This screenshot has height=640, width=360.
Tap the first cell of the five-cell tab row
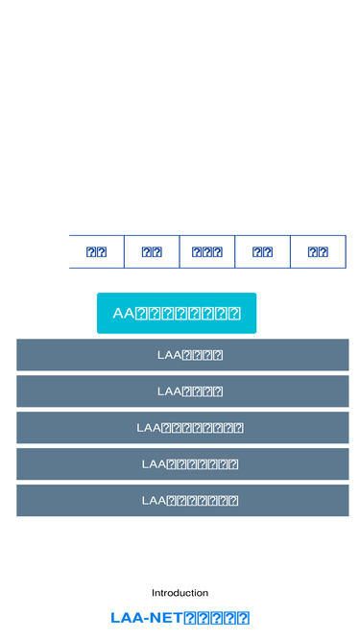tap(96, 252)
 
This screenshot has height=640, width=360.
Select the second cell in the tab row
tap(152, 252)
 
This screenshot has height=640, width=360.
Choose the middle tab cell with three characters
tap(207, 252)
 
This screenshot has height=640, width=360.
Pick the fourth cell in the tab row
tap(262, 252)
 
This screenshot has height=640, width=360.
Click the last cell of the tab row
tap(318, 252)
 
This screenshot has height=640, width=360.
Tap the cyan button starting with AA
tap(177, 313)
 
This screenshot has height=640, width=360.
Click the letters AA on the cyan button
tap(124, 314)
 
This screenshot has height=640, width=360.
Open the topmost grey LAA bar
tap(182, 355)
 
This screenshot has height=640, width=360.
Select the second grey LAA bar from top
tap(182, 391)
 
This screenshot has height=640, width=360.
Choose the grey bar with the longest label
tap(182, 428)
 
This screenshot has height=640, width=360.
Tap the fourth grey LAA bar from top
tap(182, 464)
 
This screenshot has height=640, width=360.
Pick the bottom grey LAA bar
tap(182, 501)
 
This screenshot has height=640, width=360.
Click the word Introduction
tap(180, 593)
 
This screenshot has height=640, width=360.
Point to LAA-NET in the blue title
tap(146, 619)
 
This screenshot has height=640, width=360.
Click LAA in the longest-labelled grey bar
tap(148, 428)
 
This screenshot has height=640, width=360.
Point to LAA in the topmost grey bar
tap(168, 355)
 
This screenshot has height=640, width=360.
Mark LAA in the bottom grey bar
tap(154, 501)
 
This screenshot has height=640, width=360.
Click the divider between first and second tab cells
tap(124, 252)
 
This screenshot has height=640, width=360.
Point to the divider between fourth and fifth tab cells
tap(290, 252)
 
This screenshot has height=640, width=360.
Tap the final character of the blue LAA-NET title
tap(244, 619)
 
